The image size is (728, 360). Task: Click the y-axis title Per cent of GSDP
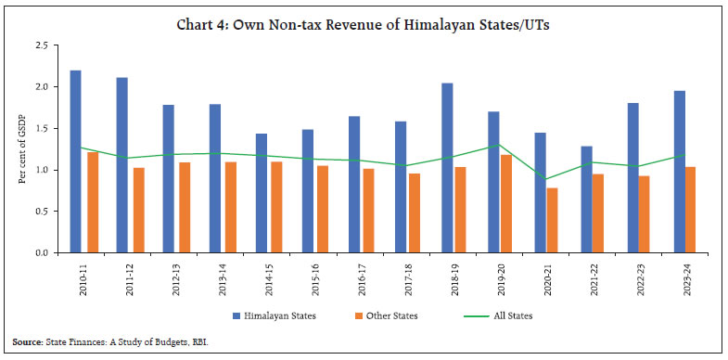19,149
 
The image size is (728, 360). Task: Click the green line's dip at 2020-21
550,180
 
